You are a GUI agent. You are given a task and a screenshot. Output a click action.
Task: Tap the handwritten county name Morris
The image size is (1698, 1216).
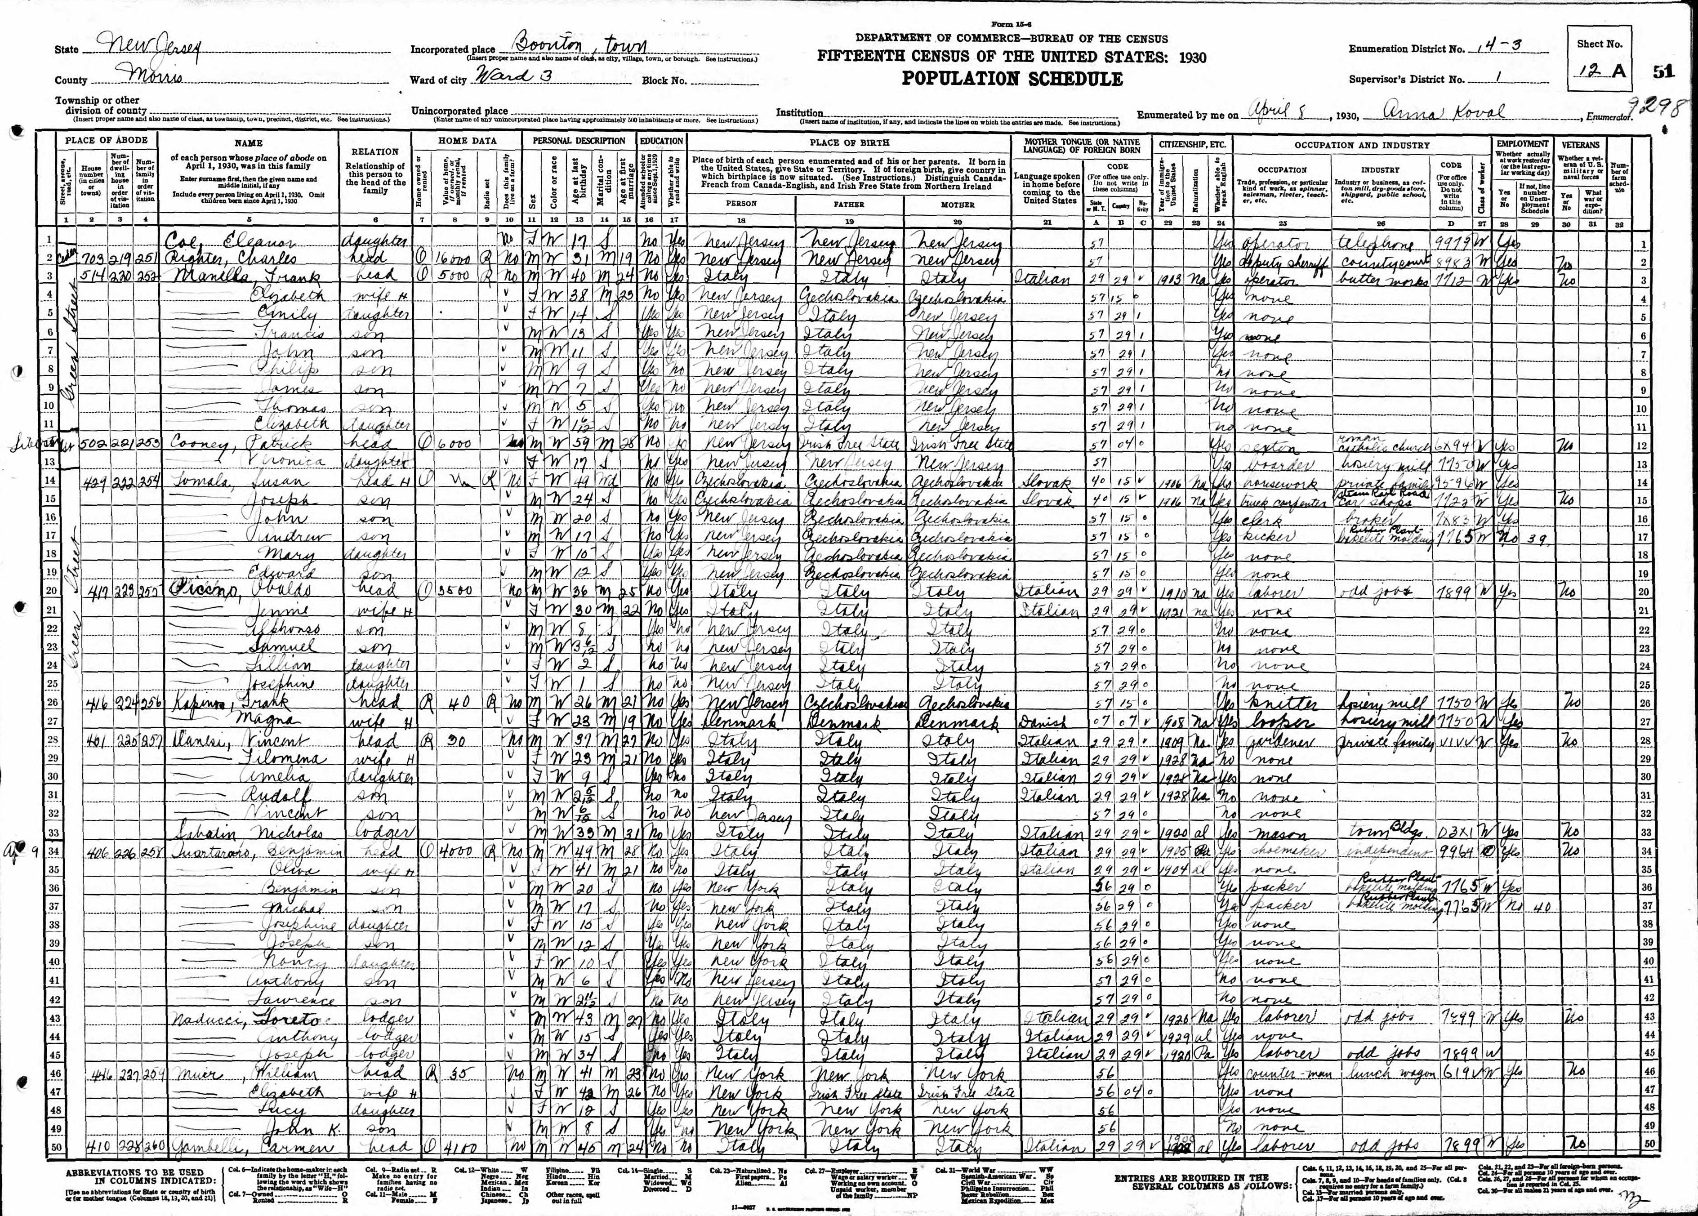coord(153,76)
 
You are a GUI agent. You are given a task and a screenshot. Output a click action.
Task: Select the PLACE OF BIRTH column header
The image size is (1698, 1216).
coord(849,142)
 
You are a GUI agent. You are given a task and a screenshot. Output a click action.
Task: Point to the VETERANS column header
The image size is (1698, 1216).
coord(1581,144)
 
